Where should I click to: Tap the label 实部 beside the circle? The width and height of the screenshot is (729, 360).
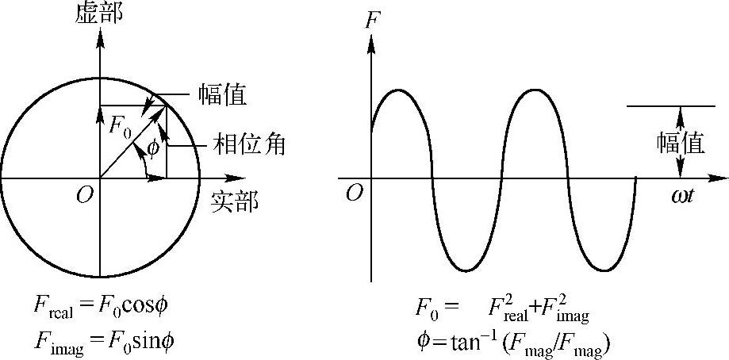coord(234,201)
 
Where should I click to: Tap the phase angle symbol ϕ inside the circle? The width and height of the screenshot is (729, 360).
coord(153,147)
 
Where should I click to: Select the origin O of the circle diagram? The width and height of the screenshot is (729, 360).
coord(84,196)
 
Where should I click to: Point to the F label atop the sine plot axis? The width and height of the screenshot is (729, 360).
coord(371,21)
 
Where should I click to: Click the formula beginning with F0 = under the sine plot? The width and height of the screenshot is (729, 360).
coord(501,308)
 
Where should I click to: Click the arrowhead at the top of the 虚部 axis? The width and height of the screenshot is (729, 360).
coord(100,36)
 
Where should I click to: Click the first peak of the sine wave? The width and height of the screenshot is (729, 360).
coord(401,90)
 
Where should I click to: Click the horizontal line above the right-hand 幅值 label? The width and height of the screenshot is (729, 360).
coord(670,105)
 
